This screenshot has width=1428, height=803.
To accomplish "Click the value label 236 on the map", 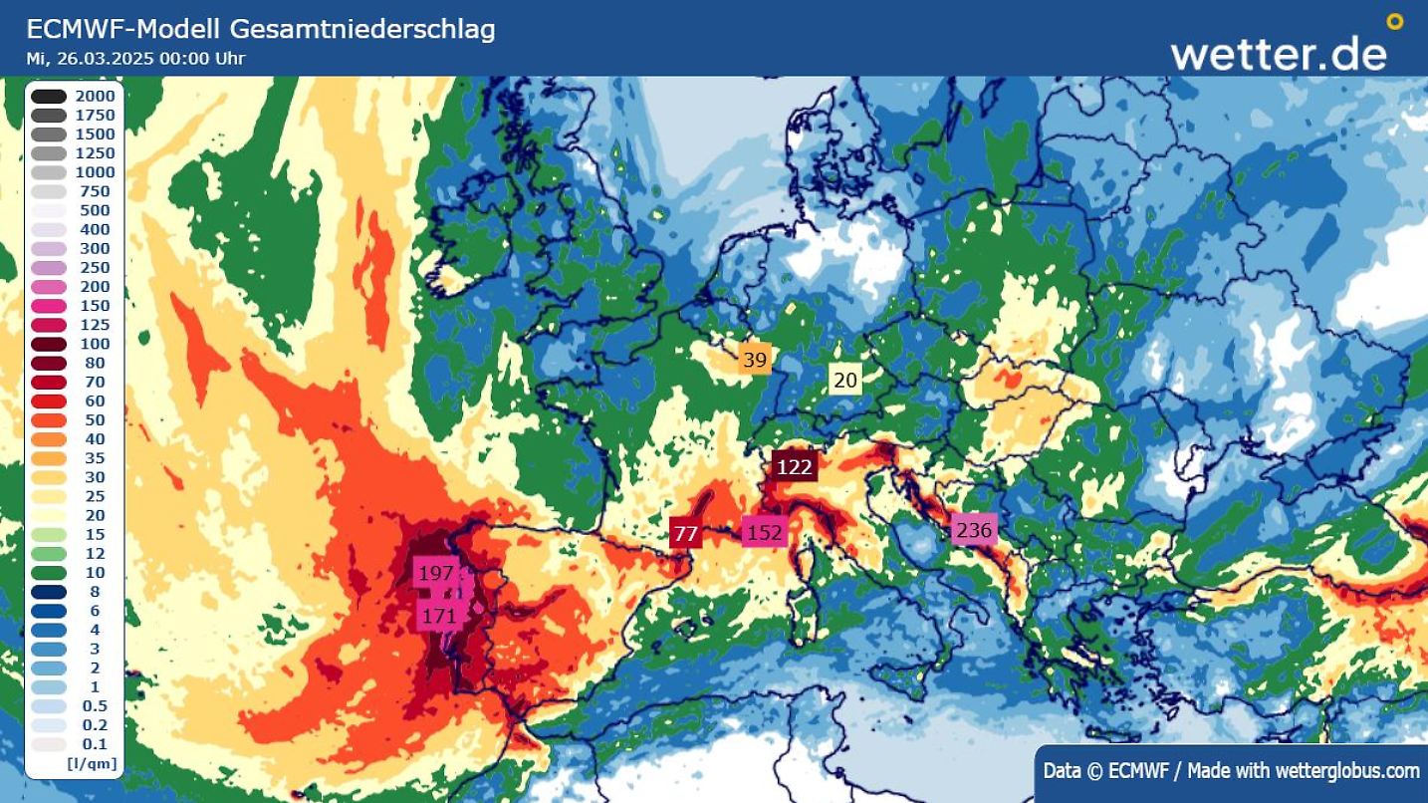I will coord(973,530).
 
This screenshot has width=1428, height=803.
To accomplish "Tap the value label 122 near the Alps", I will coord(794,466).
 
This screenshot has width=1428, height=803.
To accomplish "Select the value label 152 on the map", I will coord(764,533).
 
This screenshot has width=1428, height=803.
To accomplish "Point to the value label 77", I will coord(685,533).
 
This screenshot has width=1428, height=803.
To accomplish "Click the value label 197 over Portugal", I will coord(436,573).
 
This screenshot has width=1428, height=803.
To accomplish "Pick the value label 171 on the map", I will coord(439,616).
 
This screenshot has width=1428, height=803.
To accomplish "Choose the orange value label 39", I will coord(755,360).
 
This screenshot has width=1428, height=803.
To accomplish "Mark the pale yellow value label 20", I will coord(844,380).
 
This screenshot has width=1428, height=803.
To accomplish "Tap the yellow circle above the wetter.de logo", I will coord(1394,21).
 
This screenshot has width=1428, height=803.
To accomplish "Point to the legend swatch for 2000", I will coord(49,97).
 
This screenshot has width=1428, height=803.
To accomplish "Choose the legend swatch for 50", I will coord(49,420).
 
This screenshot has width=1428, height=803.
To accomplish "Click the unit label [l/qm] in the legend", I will coord(92,763).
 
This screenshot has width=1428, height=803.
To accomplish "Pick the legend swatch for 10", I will coord(49,573).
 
